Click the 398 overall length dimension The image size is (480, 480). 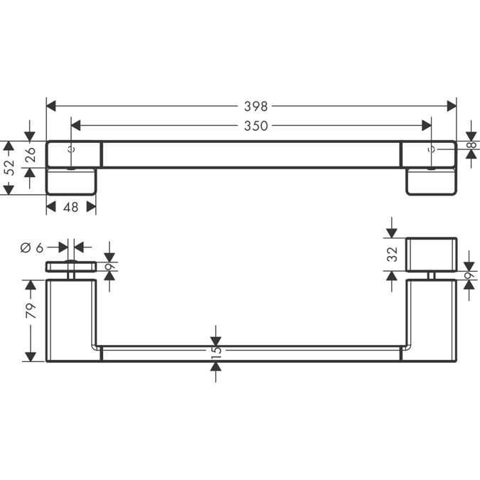(x=255, y=106)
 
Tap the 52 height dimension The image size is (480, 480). (x=8, y=168)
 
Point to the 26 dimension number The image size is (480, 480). (x=30, y=155)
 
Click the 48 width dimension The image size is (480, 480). (x=71, y=207)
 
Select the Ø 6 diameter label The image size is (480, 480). (x=32, y=247)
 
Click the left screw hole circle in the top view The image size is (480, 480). (x=70, y=150)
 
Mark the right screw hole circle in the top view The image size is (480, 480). (x=432, y=150)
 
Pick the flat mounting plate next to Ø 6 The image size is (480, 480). (x=71, y=267)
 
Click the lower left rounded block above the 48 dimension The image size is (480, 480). (x=71, y=181)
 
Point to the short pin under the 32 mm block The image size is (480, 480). (x=431, y=275)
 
